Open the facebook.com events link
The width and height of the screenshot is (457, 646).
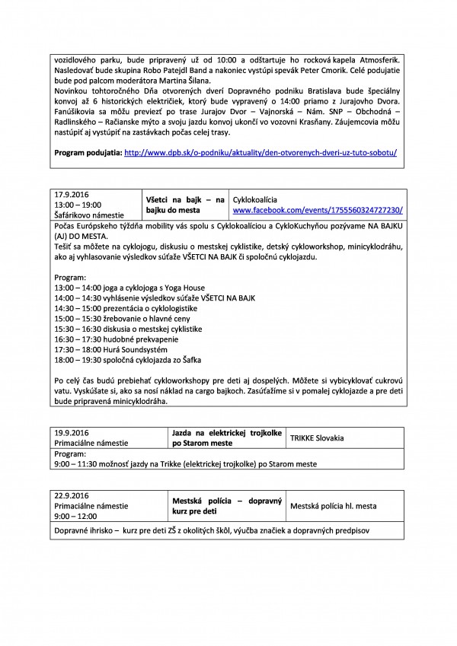point(318,209)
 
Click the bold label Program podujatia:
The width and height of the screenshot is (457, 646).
point(87,152)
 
